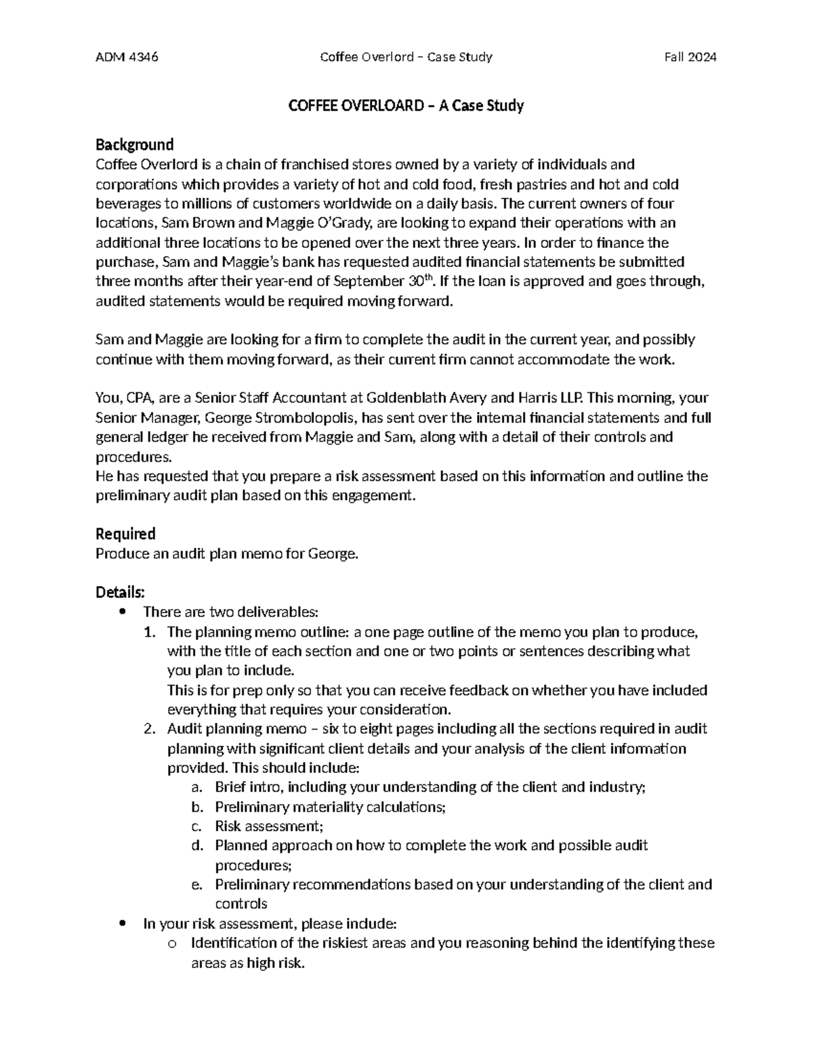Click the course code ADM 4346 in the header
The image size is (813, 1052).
point(127,57)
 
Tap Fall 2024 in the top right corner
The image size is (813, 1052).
point(690,57)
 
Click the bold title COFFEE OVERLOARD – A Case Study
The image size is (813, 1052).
point(406,106)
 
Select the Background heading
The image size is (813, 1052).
point(134,144)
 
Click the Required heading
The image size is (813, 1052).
point(125,534)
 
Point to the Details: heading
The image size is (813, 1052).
point(120,592)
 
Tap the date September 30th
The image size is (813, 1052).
point(390,281)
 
